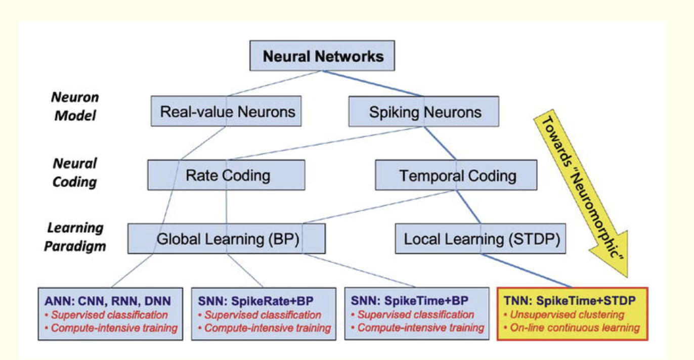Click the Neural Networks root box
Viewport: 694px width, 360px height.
tap(322, 56)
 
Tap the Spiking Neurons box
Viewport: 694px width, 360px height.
tap(424, 111)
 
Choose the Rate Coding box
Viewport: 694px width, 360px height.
tap(226, 175)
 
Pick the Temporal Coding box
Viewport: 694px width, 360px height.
tap(456, 175)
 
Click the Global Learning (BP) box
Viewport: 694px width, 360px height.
tap(226, 239)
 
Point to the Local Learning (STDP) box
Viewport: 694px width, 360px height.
tap(481, 239)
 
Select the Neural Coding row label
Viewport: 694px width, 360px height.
tap(75, 172)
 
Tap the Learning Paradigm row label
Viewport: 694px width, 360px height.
tap(75, 237)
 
